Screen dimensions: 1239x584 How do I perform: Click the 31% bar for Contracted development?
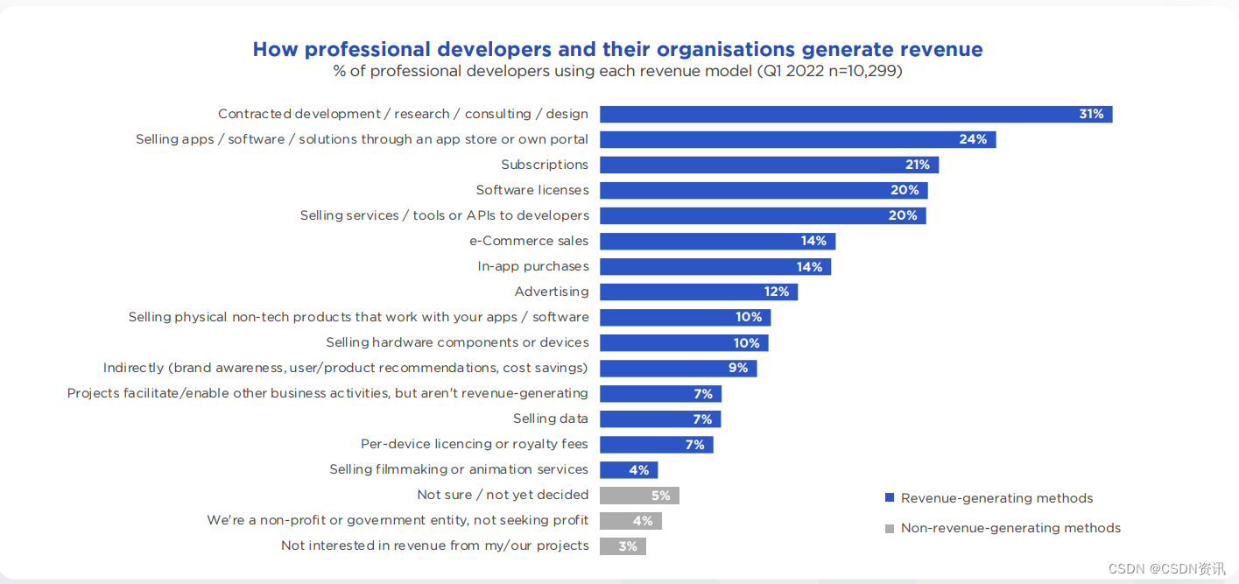855,115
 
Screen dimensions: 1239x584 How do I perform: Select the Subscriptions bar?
769,165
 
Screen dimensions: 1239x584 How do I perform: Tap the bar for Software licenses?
764,190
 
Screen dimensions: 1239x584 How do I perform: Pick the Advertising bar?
699,292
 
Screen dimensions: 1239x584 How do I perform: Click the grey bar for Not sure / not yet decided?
639,496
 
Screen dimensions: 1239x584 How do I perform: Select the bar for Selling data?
660,419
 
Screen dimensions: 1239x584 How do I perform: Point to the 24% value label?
973,139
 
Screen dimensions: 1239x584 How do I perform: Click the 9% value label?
738,369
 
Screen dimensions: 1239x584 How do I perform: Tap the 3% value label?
628,546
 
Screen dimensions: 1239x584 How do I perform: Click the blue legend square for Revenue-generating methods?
890,497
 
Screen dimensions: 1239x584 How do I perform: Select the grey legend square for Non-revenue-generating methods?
890,529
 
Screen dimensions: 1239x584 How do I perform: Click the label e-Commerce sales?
529,241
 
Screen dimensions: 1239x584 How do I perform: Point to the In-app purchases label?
533,266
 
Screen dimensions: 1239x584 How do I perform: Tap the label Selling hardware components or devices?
457,343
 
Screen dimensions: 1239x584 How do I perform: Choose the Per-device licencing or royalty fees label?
474,444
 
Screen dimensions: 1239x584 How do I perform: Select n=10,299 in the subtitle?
862,71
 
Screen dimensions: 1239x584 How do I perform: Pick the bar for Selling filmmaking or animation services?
629,470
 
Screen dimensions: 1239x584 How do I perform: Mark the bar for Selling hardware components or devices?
684,343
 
